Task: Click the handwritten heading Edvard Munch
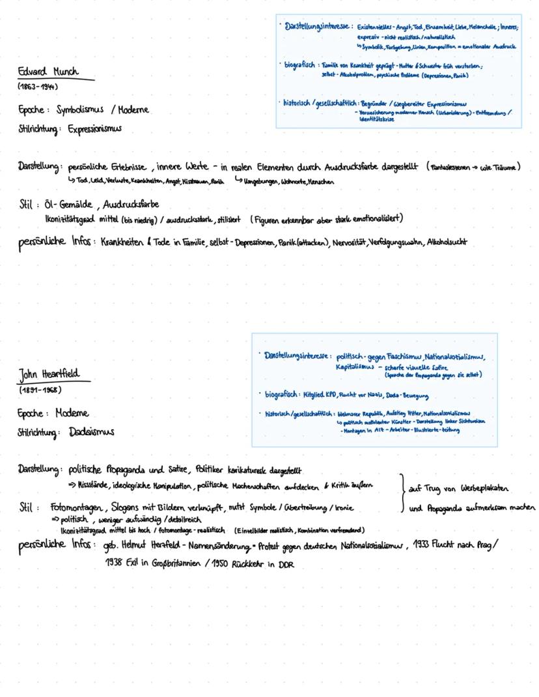pyautogui.click(x=48, y=72)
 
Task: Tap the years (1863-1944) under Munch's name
pyautogui.click(x=38, y=87)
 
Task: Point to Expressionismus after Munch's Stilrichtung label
pyautogui.click(x=94, y=129)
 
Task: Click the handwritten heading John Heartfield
pyautogui.click(x=53, y=376)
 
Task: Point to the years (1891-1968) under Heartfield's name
pyautogui.click(x=39, y=390)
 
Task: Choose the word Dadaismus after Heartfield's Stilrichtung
pyautogui.click(x=91, y=432)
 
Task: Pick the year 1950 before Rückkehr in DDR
pyautogui.click(x=221, y=565)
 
